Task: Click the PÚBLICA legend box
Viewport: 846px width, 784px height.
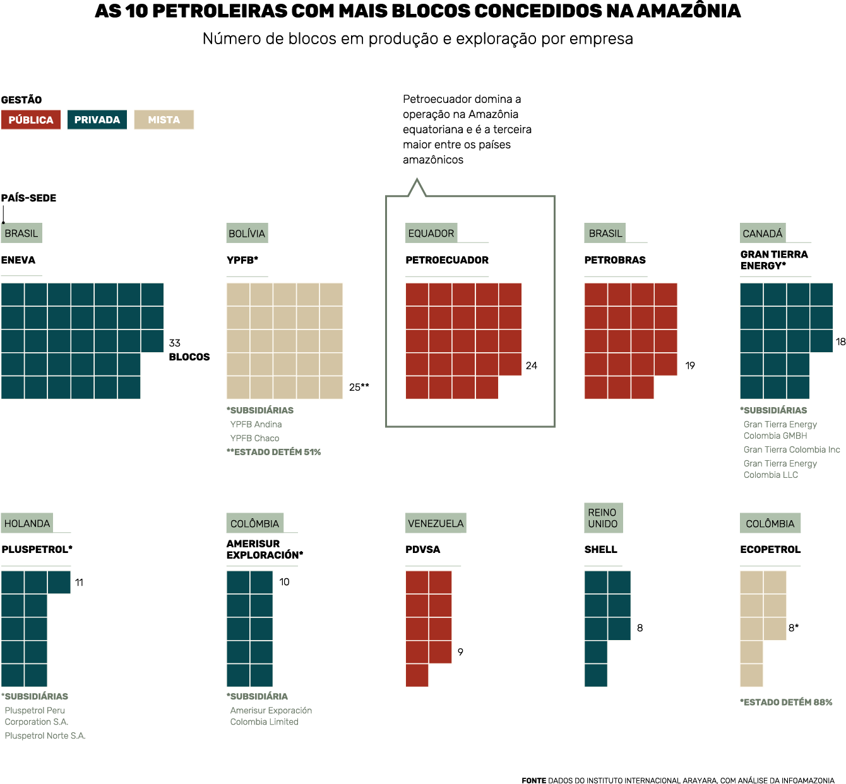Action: [x=31, y=120]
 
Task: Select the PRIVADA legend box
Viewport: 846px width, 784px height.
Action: [x=97, y=120]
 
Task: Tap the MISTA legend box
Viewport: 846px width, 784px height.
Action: [x=164, y=120]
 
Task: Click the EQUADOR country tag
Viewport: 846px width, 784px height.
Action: [x=431, y=234]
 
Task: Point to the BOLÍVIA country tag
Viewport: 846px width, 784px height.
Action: [x=247, y=234]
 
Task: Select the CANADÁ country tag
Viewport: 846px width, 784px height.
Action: [x=763, y=234]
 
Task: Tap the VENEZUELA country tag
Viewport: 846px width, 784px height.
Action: [x=436, y=523]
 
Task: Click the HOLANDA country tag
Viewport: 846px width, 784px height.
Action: [x=27, y=523]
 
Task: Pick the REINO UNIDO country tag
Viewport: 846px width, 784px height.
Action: [x=603, y=518]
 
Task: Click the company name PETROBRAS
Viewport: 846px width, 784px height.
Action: [x=615, y=260]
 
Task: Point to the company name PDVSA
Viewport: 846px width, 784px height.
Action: [x=422, y=550]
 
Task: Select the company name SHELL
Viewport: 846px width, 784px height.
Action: [x=600, y=550]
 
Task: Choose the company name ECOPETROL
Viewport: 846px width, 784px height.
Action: [x=770, y=550]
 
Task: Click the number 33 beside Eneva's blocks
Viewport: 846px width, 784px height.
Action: [x=175, y=343]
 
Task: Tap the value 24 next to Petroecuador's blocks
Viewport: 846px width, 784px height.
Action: [x=532, y=366]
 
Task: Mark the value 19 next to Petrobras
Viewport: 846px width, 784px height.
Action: [x=690, y=366]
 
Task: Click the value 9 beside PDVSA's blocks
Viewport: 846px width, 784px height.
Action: [x=460, y=652]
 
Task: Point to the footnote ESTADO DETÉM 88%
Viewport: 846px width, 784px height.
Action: [x=787, y=703]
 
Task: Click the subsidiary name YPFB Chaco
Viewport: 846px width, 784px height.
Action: [x=254, y=438]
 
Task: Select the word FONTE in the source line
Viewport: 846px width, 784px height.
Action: [x=533, y=781]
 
